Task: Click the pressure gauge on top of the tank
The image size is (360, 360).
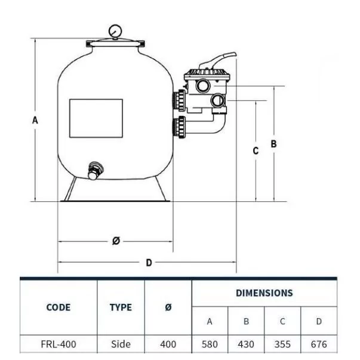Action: click(115, 31)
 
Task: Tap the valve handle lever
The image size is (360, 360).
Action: click(218, 61)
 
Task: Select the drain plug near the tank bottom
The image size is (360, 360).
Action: click(95, 171)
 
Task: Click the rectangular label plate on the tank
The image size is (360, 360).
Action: click(96, 118)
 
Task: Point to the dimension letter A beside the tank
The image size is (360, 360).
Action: click(35, 120)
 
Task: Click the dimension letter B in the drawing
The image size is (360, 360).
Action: click(273, 144)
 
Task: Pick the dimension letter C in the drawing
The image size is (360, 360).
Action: click(256, 151)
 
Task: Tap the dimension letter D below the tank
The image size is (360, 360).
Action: click(149, 263)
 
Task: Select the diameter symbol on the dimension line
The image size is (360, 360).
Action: click(116, 241)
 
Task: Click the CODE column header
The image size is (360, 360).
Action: click(59, 307)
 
